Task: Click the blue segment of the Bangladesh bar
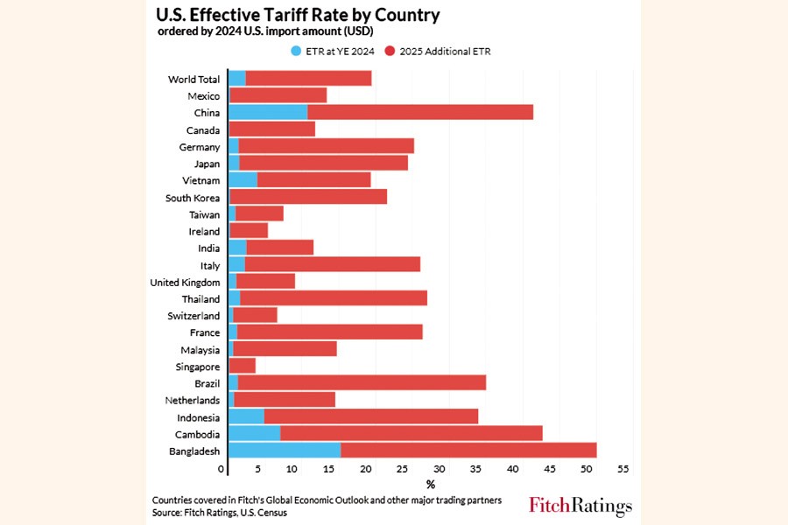click(x=284, y=450)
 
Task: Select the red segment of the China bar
click(x=420, y=112)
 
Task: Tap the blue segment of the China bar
click(x=268, y=112)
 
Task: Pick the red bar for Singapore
click(x=243, y=365)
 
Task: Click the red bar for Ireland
click(x=249, y=230)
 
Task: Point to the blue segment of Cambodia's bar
click(x=254, y=432)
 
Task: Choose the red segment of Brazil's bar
click(x=362, y=382)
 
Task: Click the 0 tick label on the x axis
click(x=222, y=469)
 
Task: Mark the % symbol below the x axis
click(x=430, y=484)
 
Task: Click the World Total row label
click(x=193, y=80)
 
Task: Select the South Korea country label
click(x=193, y=198)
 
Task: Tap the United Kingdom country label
click(x=185, y=282)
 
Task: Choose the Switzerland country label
click(x=193, y=315)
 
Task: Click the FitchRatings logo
click(x=580, y=506)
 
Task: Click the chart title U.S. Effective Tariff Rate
click(x=298, y=16)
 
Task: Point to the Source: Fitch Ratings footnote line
click(x=220, y=513)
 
